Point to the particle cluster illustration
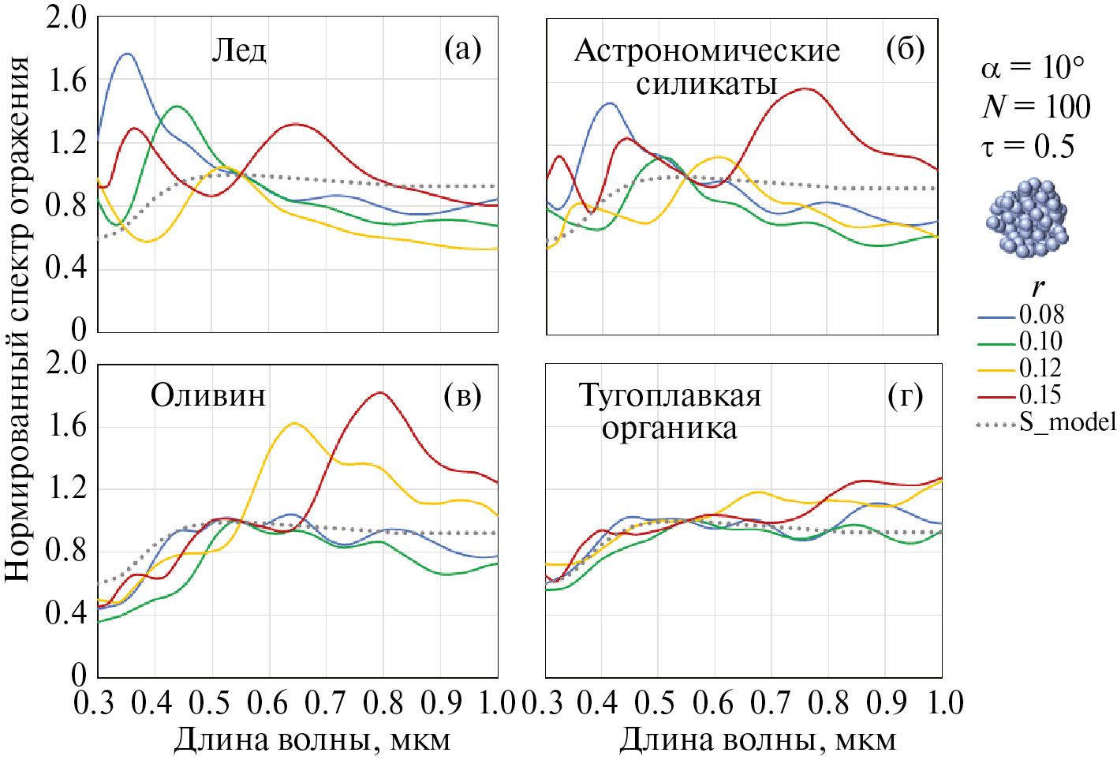click(x=1027, y=218)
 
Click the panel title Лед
click(x=239, y=51)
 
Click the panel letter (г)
click(x=905, y=395)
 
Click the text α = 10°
click(x=1033, y=68)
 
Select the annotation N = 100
click(x=1037, y=107)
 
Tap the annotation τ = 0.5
click(x=1028, y=146)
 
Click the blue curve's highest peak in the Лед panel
click(x=127, y=54)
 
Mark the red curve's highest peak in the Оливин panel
click(x=381, y=392)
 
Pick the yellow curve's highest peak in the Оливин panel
click(x=294, y=423)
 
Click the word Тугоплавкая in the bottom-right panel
click(x=670, y=395)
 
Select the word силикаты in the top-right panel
click(x=707, y=84)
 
